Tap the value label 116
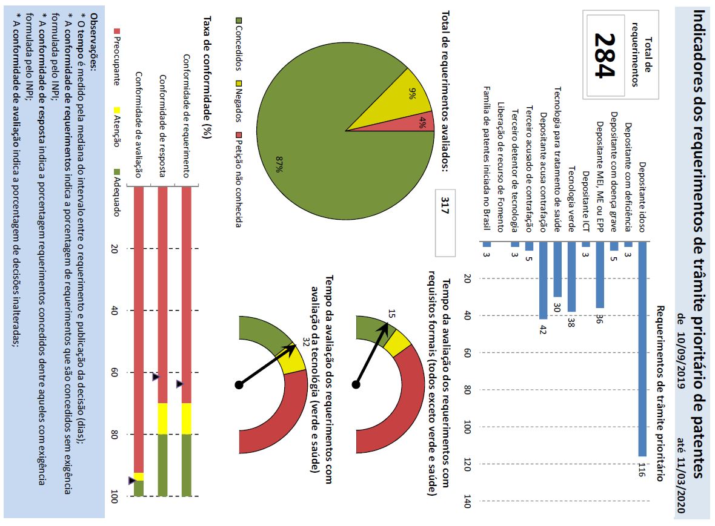tap(642, 470)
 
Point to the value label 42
tap(544, 330)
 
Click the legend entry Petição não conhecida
tap(238, 182)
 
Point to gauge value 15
tap(391, 314)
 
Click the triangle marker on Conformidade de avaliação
tap(132, 481)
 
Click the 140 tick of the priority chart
tap(467, 502)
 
